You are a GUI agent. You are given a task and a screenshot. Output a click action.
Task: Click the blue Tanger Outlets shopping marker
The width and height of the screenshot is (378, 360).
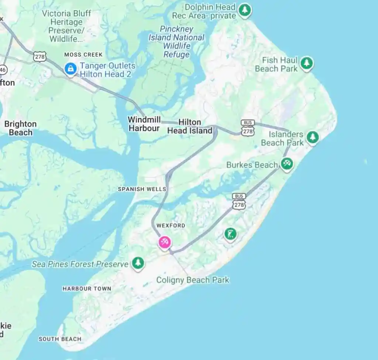70,68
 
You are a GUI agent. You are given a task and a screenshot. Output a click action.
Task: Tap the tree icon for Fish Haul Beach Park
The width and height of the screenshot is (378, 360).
306,63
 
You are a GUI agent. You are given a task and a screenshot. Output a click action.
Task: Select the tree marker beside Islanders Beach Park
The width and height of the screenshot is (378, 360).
313,137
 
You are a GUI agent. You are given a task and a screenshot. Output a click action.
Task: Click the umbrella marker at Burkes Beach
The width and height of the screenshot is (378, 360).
287,163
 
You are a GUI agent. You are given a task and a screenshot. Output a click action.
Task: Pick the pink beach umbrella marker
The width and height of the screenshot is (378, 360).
165,242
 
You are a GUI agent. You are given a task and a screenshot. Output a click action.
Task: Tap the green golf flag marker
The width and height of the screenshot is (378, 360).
231,234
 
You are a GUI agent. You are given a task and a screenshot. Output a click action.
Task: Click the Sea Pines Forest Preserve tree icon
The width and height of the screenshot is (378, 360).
138,263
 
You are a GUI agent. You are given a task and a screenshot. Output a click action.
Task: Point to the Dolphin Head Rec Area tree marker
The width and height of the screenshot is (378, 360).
244,10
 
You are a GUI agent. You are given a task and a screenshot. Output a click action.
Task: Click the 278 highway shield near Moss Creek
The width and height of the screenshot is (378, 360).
39,56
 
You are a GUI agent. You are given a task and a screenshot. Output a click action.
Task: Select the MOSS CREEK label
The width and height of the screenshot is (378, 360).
83,55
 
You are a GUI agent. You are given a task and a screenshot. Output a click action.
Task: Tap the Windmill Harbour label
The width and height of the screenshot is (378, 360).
144,124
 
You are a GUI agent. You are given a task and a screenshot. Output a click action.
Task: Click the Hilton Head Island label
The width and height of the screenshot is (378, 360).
190,126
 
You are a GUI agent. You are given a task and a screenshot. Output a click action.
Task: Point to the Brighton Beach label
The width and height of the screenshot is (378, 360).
21,128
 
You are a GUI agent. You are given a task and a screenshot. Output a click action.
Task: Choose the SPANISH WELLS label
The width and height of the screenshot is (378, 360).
142,189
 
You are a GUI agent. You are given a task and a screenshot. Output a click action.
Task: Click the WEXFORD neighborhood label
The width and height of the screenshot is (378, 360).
171,225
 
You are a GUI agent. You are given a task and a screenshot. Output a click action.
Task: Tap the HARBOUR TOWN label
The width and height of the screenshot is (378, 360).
87,288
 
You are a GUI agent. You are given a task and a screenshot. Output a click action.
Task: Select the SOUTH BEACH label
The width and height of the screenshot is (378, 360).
60,339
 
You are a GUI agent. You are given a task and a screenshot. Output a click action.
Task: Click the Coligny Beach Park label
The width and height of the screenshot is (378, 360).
193,280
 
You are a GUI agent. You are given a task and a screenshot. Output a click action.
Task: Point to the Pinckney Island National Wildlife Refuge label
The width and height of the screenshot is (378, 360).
176,41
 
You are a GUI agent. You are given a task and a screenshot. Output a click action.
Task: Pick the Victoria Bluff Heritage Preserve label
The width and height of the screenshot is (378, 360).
66,26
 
